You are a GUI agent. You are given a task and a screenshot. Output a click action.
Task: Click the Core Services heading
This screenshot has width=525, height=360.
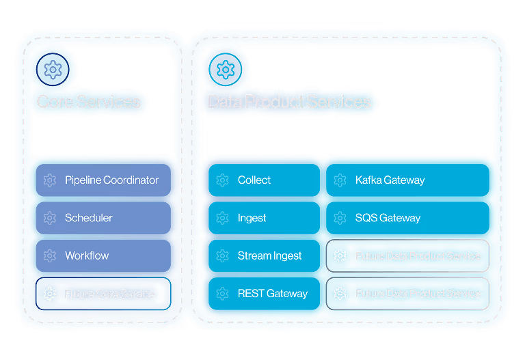(x=88, y=102)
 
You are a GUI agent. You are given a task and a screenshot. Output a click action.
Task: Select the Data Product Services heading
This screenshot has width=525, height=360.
(x=289, y=102)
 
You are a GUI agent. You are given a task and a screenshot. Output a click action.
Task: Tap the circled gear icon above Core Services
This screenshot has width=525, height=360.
(x=52, y=69)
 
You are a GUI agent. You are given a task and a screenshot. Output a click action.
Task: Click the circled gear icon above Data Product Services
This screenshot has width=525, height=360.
(x=224, y=69)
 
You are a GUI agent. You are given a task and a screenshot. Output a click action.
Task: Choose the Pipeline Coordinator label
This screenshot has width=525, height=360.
(x=111, y=180)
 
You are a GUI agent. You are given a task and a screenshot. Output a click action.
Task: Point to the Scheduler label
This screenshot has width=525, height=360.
(x=88, y=218)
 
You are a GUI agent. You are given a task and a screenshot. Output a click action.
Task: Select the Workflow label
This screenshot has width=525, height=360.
(x=87, y=255)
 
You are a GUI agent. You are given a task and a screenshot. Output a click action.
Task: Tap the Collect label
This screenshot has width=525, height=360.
(x=254, y=180)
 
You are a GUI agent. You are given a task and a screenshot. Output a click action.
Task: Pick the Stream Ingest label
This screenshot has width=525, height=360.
(x=269, y=255)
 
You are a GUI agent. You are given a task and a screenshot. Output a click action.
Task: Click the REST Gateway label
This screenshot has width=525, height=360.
(x=272, y=294)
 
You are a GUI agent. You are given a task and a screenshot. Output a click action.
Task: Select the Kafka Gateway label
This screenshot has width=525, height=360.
(x=390, y=180)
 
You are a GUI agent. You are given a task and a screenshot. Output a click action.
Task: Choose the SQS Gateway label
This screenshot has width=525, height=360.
(x=388, y=218)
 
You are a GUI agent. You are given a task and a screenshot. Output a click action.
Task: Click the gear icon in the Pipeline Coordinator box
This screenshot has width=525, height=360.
(x=49, y=180)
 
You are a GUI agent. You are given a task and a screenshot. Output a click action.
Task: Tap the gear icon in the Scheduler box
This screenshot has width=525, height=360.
(x=49, y=218)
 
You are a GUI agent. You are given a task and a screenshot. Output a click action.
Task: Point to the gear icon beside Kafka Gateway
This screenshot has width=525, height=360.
(x=340, y=180)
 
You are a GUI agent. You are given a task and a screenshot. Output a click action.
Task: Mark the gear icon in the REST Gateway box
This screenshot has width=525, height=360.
(x=222, y=294)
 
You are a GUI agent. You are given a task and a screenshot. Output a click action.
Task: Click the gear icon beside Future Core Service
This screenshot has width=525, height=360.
(x=49, y=294)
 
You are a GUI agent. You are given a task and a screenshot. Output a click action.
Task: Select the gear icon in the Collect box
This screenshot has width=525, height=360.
(x=222, y=180)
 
